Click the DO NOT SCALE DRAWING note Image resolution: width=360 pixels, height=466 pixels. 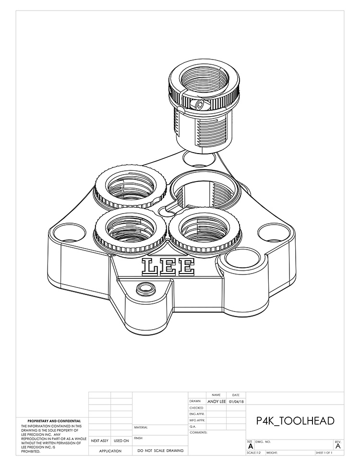pos(160,451)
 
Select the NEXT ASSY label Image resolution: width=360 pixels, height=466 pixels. pos(100,441)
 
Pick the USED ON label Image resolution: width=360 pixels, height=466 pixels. pos(121,441)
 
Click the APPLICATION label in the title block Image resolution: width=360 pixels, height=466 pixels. pos(110,451)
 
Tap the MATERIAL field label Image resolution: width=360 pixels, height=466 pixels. pos(141,427)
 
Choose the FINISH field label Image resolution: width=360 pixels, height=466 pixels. pos(139,438)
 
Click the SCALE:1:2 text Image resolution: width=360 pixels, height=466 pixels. pos(255,453)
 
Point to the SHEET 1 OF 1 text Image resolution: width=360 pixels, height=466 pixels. pos(325,453)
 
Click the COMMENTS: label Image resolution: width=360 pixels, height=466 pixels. pos(198,432)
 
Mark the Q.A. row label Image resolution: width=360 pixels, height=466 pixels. pos(193,426)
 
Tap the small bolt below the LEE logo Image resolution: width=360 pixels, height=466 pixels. pos(143,288)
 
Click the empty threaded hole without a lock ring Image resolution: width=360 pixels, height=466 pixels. pos(204,192)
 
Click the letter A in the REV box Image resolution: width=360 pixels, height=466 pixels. pos(338,446)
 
